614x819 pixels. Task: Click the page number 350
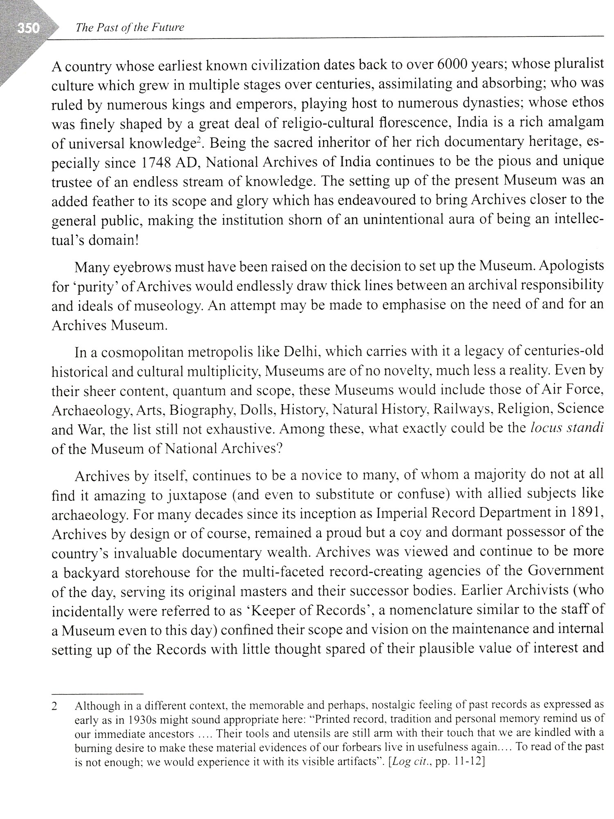point(28,28)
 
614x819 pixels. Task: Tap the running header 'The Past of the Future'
point(128,27)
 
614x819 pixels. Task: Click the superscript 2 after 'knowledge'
point(198,140)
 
